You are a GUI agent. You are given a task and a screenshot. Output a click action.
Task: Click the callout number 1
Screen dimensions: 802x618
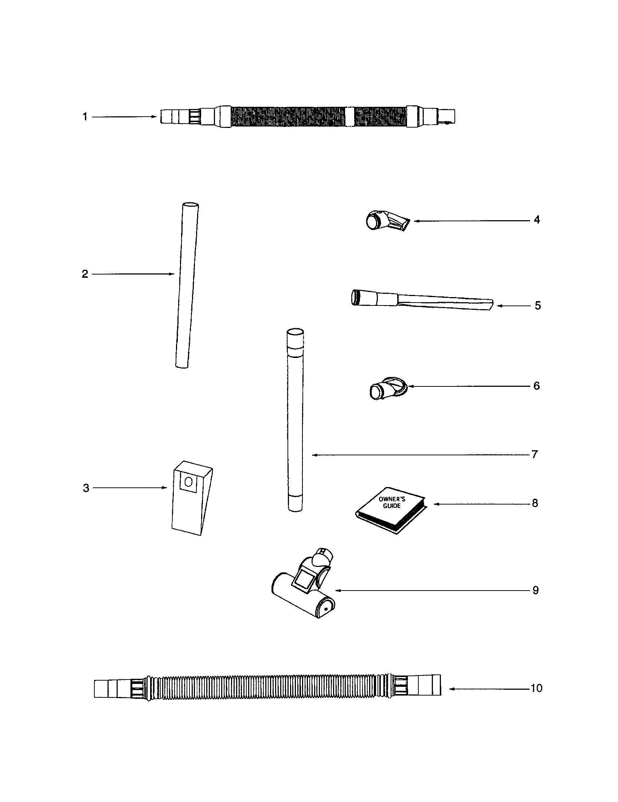(85, 117)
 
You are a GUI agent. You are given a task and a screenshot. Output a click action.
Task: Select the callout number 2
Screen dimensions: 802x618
(85, 274)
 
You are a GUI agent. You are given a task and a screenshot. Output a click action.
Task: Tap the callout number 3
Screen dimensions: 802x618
(86, 488)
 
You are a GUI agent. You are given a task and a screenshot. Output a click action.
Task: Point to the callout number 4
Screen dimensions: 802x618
(537, 220)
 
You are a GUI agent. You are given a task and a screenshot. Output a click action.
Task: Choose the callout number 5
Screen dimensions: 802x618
(537, 305)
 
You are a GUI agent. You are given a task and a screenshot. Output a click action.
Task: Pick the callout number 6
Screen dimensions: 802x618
(536, 386)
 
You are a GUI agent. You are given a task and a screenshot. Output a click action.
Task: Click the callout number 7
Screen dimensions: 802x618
(535, 455)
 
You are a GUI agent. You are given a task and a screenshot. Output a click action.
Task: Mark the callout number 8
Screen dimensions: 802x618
(535, 503)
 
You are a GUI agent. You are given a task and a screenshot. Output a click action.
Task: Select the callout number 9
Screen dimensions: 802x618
(535, 591)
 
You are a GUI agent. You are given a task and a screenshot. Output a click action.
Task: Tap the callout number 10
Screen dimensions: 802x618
(536, 688)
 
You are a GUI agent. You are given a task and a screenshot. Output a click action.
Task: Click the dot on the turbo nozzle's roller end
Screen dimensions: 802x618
(326, 608)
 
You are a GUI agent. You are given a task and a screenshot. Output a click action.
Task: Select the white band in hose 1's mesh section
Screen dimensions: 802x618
(349, 117)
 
